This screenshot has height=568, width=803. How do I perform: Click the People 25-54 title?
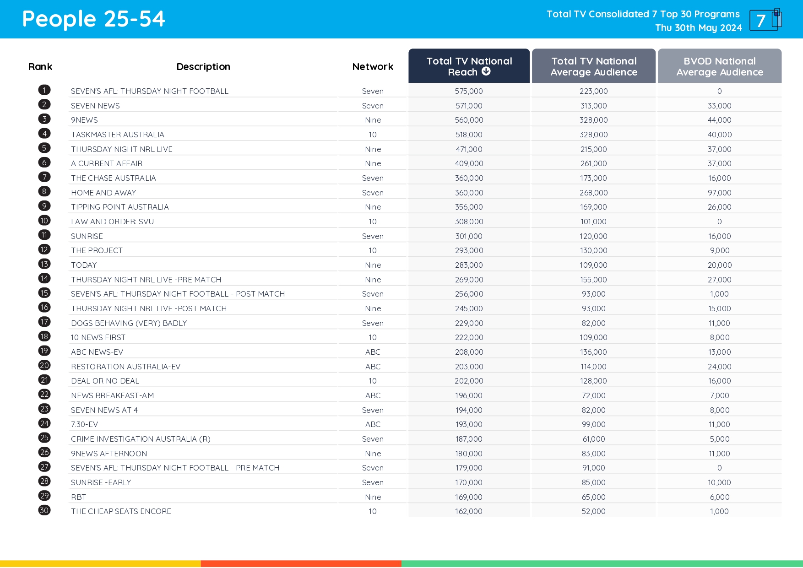[x=93, y=19]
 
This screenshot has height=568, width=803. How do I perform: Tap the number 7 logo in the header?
[x=765, y=20]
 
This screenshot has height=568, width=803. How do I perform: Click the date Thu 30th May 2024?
[x=698, y=28]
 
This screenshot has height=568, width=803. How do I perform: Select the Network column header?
[x=373, y=67]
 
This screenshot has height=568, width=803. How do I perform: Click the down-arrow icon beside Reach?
[x=486, y=71]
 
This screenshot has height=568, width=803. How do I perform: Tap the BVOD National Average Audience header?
[x=719, y=67]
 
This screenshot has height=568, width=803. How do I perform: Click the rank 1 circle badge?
[x=44, y=90]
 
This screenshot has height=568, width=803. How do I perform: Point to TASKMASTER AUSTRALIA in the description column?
[x=118, y=135]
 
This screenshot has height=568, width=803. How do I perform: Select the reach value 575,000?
[x=469, y=91]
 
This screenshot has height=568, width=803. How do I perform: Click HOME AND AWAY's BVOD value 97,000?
[x=719, y=193]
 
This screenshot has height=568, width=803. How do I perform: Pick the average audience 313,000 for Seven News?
[x=593, y=106]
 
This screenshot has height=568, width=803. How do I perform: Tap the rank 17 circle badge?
[x=44, y=322]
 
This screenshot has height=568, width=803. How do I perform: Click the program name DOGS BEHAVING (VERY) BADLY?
[x=129, y=323]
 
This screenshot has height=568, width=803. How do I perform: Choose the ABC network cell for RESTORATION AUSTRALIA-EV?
[x=373, y=367]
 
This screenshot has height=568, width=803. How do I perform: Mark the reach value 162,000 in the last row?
[x=469, y=511]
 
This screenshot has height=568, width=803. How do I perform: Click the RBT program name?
[x=79, y=497]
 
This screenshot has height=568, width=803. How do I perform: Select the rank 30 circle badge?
[x=44, y=510]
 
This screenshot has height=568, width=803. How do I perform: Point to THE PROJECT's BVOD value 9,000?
[x=719, y=250]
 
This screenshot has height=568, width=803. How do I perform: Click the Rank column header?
[x=40, y=67]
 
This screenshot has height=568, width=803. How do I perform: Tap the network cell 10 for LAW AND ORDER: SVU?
[x=373, y=222]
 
